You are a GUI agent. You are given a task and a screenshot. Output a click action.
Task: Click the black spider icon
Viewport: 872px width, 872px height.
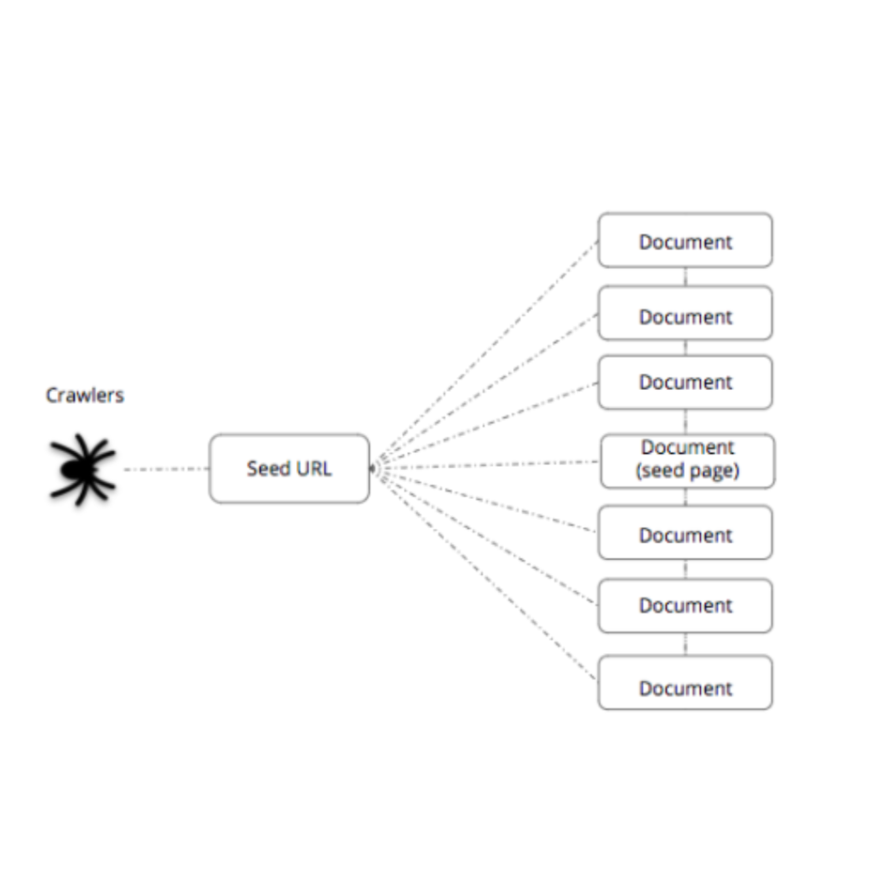pyautogui.click(x=83, y=469)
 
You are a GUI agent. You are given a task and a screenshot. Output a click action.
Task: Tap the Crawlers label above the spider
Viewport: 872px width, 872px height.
pyautogui.click(x=84, y=395)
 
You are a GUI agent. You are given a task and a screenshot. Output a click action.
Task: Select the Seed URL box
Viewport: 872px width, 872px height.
pyautogui.click(x=290, y=469)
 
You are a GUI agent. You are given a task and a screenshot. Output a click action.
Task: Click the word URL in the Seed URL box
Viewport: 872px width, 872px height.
pyautogui.click(x=314, y=469)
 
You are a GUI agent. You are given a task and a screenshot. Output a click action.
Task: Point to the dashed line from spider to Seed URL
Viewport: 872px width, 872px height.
pyautogui.click(x=166, y=469)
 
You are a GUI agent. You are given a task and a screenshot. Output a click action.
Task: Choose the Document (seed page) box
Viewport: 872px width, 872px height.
pyautogui.click(x=687, y=461)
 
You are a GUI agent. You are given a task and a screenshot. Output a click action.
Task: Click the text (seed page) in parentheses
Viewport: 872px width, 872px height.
pyautogui.click(x=687, y=471)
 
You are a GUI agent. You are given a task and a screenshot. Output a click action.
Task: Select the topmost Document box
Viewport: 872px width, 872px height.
pyautogui.click(x=686, y=240)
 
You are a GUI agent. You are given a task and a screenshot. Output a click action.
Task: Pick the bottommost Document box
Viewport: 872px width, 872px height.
pyautogui.click(x=686, y=682)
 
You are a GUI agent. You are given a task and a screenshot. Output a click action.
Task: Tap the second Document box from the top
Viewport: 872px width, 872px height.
pyautogui.click(x=686, y=313)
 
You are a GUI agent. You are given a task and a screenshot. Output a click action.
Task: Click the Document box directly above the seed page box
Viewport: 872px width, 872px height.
pyautogui.click(x=686, y=382)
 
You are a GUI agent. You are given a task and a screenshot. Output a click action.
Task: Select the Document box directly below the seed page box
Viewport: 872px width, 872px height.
pyautogui.click(x=686, y=532)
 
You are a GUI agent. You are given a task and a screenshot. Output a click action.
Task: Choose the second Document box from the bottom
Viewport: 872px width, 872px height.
pyautogui.click(x=686, y=605)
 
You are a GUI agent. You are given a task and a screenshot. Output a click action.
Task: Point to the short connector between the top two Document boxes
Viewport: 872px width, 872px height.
pyautogui.click(x=686, y=277)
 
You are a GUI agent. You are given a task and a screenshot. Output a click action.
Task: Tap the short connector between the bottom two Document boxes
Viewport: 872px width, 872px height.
pyautogui.click(x=686, y=644)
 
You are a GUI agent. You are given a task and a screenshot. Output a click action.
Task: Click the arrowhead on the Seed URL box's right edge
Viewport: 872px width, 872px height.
pyautogui.click(x=373, y=469)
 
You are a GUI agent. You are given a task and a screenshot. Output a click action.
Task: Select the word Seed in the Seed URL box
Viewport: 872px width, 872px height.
pyautogui.click(x=269, y=469)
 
